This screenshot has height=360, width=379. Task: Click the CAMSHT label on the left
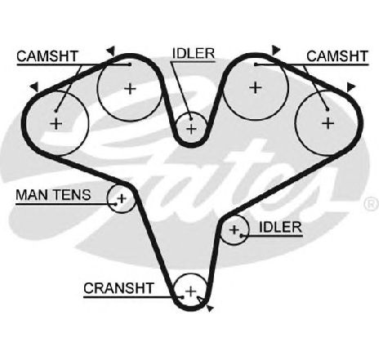pyautogui.click(x=47, y=56)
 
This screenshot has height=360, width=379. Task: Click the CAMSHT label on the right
pyautogui.click(x=337, y=56)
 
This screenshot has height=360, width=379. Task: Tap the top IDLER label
pyautogui.click(x=194, y=54)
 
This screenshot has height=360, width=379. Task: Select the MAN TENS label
pyautogui.click(x=53, y=195)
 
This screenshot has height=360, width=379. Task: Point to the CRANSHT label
pyautogui.click(x=118, y=288)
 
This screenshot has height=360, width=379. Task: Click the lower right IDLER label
pyautogui.click(x=280, y=228)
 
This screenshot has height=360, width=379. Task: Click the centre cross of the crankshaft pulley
pyautogui.click(x=191, y=291)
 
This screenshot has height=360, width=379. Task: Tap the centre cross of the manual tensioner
pyautogui.click(x=122, y=198)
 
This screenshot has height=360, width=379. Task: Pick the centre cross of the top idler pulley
pyautogui.click(x=191, y=128)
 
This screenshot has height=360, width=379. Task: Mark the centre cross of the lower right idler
pyautogui.click(x=234, y=230)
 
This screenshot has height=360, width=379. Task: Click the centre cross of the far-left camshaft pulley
pyautogui.click(x=56, y=124)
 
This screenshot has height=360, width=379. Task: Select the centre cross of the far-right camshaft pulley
pyautogui.click(x=328, y=123)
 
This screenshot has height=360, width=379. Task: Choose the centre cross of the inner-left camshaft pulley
pyautogui.click(x=130, y=88)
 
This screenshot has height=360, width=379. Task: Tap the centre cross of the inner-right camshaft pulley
pyautogui.click(x=256, y=87)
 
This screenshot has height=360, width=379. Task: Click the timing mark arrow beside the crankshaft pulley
pyautogui.click(x=210, y=309)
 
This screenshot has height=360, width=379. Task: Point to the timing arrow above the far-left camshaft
pyautogui.click(x=34, y=87)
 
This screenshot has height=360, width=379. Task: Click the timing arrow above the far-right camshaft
pyautogui.click(x=350, y=87)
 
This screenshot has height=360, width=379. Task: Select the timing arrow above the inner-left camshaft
pyautogui.click(x=111, y=51)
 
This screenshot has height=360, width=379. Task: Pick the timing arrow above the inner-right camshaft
pyautogui.click(x=276, y=50)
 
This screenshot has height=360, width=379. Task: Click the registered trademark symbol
pyautogui.click(x=372, y=203)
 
